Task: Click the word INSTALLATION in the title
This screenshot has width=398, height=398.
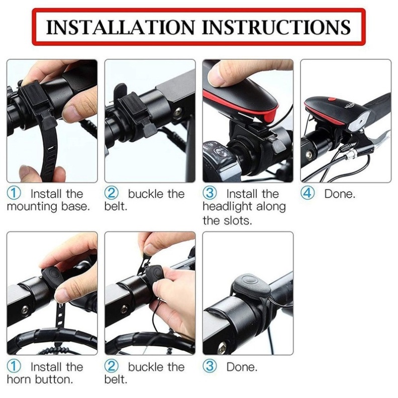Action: (120, 27)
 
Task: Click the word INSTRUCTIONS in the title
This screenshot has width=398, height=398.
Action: (276, 27)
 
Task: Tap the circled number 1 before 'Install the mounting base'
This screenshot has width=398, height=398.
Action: (14, 193)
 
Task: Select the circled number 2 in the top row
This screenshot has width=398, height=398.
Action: (112, 193)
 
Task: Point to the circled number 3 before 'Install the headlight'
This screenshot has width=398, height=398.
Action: (210, 193)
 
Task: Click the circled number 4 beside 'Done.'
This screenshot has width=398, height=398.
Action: (308, 193)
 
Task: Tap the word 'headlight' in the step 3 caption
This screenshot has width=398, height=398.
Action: (228, 207)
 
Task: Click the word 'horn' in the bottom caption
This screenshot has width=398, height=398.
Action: (19, 380)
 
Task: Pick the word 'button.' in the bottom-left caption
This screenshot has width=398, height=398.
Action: (54, 380)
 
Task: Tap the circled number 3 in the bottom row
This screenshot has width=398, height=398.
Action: (210, 366)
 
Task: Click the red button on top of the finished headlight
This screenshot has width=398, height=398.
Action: (332, 99)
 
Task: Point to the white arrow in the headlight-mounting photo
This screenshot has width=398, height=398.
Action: (249, 117)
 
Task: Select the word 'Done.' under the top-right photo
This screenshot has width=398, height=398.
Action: (340, 194)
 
